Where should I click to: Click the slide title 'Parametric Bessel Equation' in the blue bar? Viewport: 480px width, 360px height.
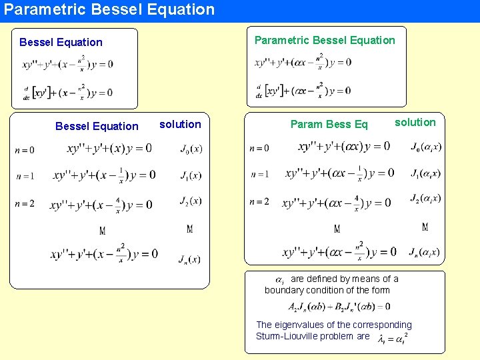[x=109, y=10]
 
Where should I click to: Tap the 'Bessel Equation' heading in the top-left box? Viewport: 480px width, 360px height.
[x=61, y=43]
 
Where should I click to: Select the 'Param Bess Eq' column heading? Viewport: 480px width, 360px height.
[x=329, y=125]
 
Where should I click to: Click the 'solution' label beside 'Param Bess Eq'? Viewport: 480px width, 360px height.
[x=415, y=122]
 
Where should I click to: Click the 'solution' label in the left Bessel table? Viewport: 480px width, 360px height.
[x=180, y=125]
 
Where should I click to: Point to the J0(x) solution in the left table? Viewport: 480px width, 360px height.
[x=191, y=149]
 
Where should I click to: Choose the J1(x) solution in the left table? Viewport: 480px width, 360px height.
[x=191, y=175]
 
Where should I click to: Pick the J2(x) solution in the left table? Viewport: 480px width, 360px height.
[x=191, y=201]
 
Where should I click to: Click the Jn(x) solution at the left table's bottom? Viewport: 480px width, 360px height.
[x=189, y=258]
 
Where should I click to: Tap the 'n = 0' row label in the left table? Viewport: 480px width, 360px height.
[x=25, y=150]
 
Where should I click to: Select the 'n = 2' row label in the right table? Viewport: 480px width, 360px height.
[x=260, y=201]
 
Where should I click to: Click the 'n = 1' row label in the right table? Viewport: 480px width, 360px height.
[x=260, y=174]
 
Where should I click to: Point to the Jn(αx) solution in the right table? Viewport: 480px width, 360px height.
[x=425, y=252]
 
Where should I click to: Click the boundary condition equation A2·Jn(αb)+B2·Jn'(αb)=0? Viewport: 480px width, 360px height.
[x=339, y=307]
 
